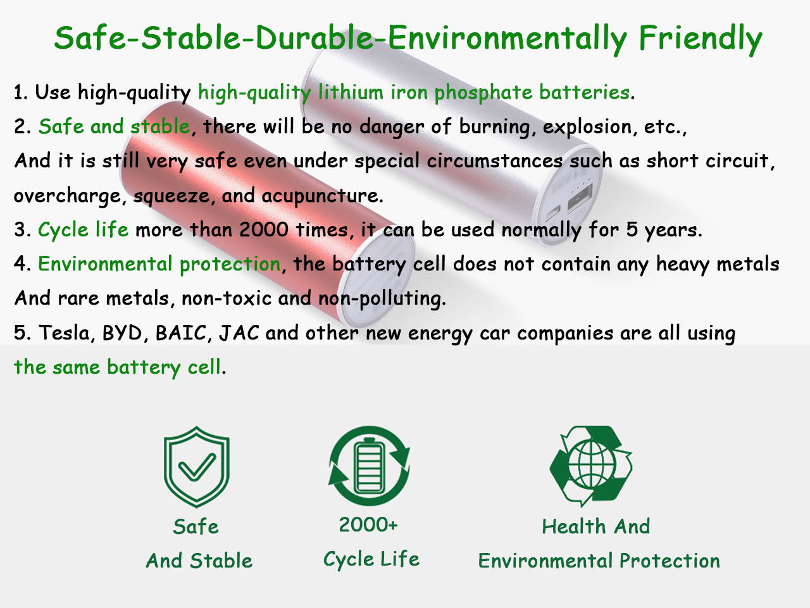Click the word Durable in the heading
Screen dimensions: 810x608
tap(314, 37)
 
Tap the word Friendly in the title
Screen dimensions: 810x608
tap(701, 41)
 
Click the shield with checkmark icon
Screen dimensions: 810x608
tap(197, 467)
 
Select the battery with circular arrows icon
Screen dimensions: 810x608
tap(369, 466)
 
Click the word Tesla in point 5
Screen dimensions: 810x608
tap(64, 332)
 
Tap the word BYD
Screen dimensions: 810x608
tap(122, 332)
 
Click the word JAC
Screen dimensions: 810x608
tap(239, 332)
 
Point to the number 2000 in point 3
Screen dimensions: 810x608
tap(263, 229)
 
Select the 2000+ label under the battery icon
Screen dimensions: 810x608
tap(368, 524)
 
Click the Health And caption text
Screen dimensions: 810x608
tap(595, 526)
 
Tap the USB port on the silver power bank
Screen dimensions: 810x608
tap(580, 197)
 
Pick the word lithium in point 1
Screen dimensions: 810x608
tap(351, 92)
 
